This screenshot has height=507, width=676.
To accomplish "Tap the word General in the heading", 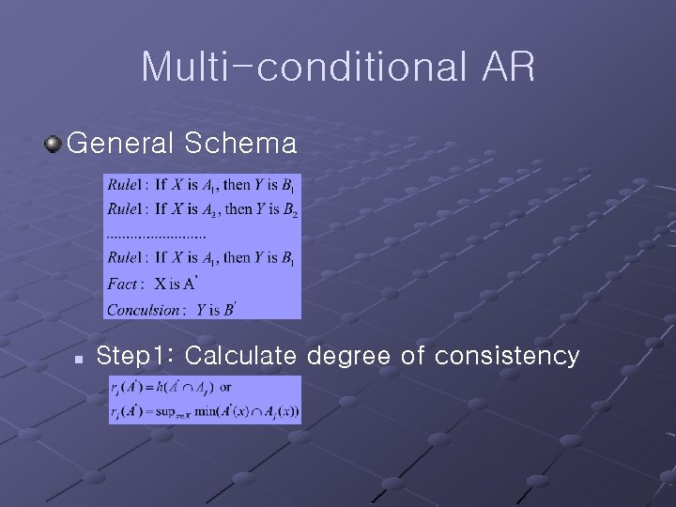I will [x=121, y=144].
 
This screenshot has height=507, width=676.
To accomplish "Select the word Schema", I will [x=241, y=144].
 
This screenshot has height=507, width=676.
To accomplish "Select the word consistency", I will [x=506, y=357].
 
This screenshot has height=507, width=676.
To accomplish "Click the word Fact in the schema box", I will [x=123, y=284].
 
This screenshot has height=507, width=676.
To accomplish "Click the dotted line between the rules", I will [x=156, y=235].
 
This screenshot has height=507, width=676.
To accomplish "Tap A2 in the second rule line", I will [x=213, y=210].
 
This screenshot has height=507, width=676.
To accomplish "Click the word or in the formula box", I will [x=225, y=386].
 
